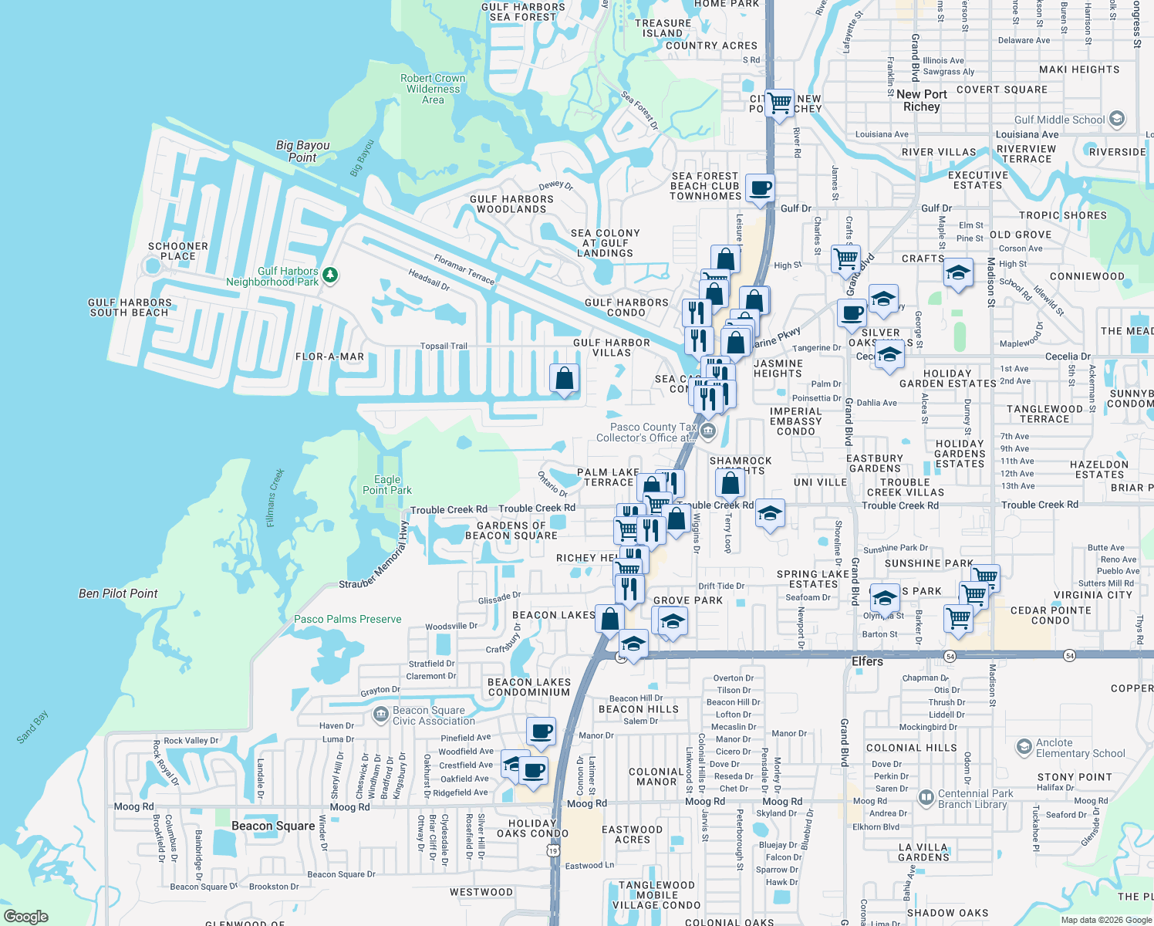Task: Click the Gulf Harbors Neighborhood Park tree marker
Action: [x=330, y=275]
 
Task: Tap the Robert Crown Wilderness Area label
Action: [x=433, y=89]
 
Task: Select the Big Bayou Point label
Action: [x=302, y=151]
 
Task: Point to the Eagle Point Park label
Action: [x=387, y=485]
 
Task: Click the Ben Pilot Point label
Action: [x=118, y=593]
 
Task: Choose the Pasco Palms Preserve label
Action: [x=348, y=619]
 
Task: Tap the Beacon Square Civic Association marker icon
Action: [x=380, y=715]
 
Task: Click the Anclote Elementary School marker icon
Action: [x=1024, y=747]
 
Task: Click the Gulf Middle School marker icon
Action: [x=1116, y=120]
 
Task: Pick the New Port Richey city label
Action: [x=922, y=100]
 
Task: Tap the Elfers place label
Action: [x=867, y=661]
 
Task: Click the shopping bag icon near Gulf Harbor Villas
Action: [x=565, y=378]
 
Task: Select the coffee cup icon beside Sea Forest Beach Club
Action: [x=760, y=188]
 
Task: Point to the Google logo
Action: [x=26, y=916]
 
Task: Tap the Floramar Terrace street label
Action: [x=464, y=269]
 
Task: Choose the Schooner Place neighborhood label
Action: [x=178, y=251]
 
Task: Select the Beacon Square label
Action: [x=273, y=826]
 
